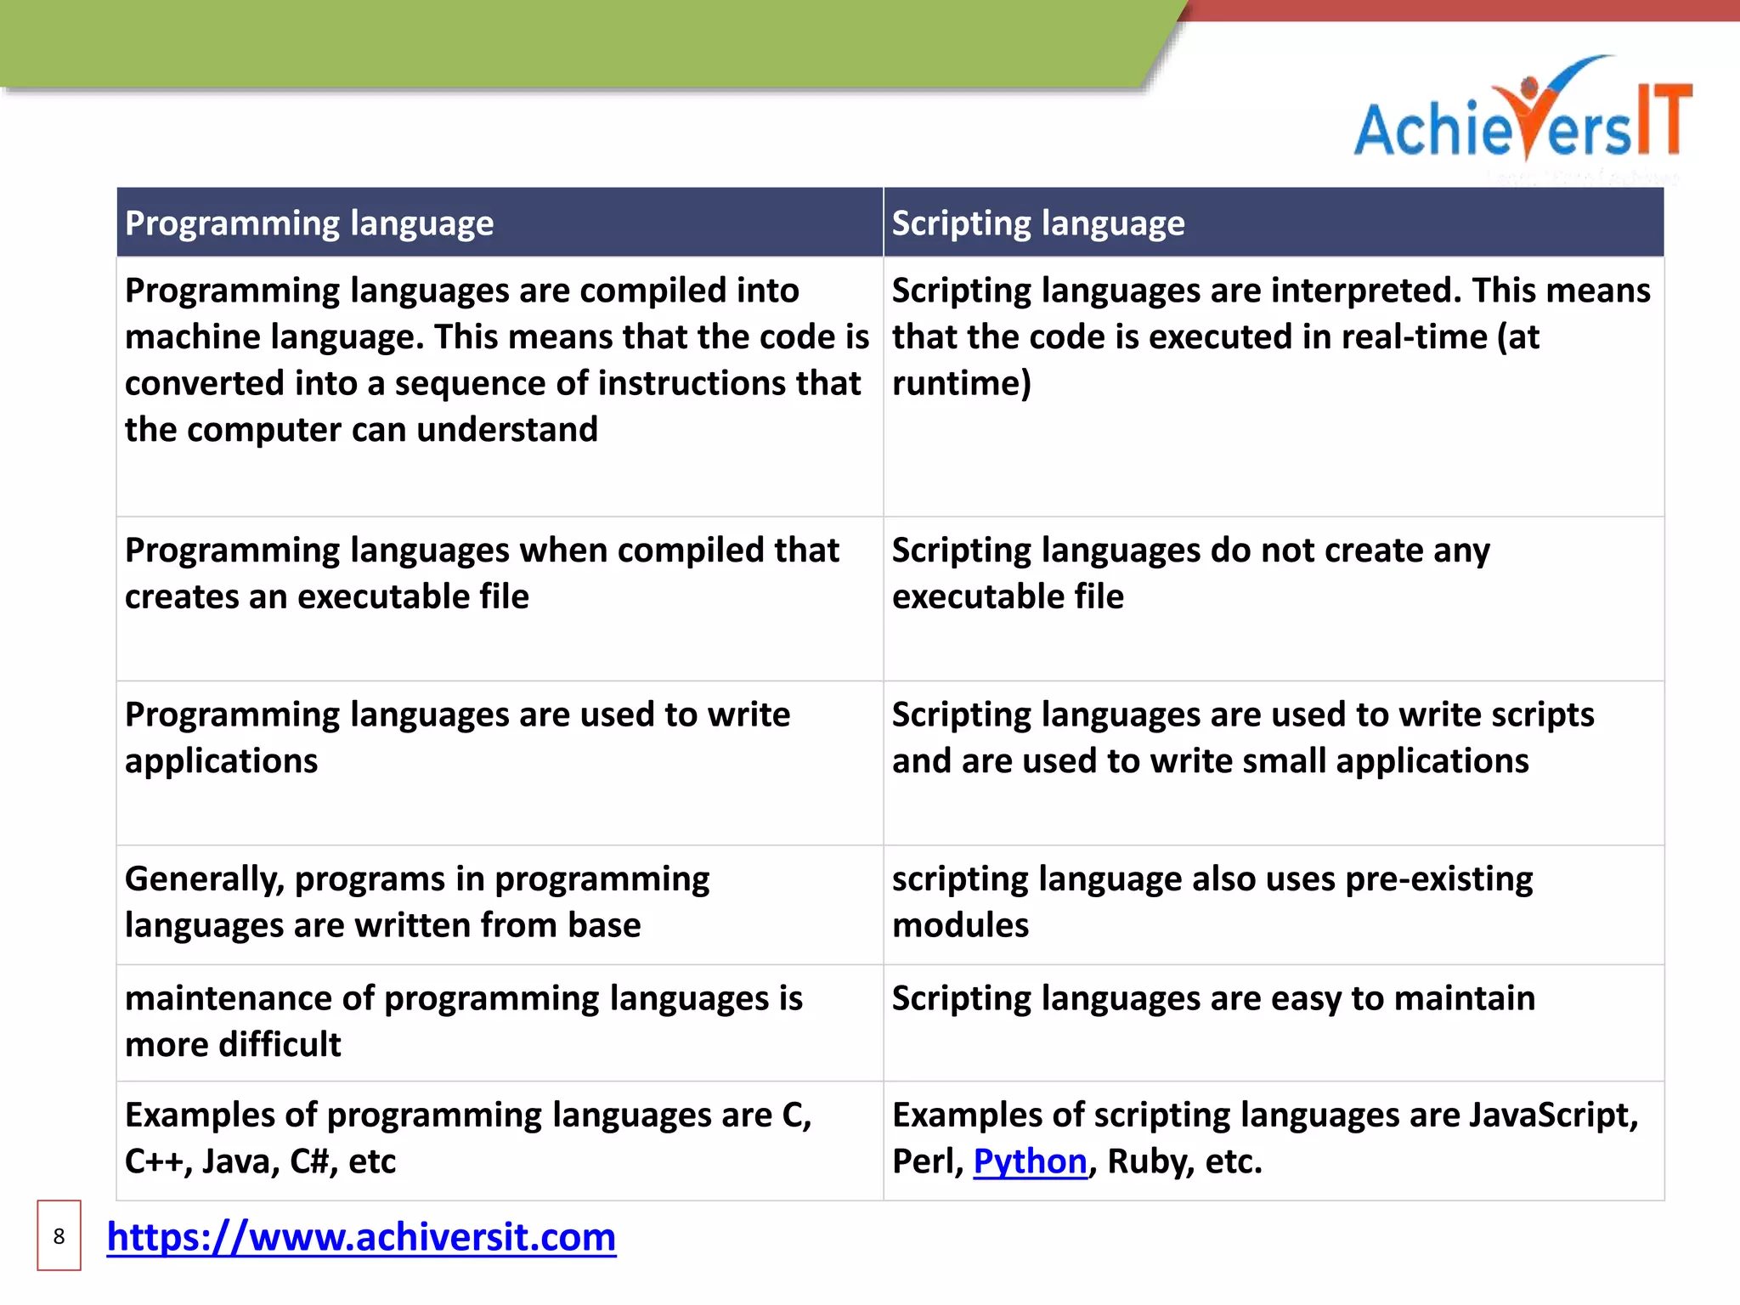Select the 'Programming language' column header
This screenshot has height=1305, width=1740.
coord(309,223)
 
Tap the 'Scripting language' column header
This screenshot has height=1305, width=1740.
coord(1037,223)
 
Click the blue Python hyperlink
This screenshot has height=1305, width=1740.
coord(1030,1161)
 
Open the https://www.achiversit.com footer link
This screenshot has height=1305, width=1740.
coord(361,1237)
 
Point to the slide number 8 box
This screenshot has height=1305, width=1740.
coord(59,1236)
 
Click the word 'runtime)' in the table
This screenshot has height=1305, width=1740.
coord(961,384)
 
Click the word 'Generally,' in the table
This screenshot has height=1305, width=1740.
coord(204,879)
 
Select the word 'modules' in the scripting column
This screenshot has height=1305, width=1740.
coord(960,925)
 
